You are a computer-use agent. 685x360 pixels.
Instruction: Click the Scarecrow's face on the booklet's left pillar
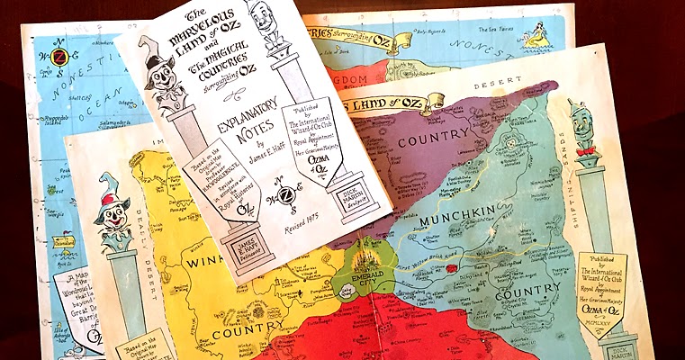click(x=161, y=82)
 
